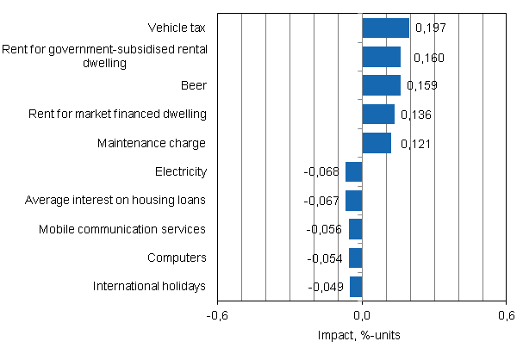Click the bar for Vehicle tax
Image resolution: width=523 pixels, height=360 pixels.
tap(385, 28)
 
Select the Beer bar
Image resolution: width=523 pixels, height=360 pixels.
tap(381, 85)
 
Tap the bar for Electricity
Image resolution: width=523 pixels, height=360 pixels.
tap(353, 171)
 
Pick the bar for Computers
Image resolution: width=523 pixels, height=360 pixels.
tap(355, 258)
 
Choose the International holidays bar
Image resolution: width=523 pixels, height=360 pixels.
tap(356, 287)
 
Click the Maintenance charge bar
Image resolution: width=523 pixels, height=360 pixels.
tap(377, 143)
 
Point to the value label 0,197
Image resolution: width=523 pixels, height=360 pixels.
tap(431, 28)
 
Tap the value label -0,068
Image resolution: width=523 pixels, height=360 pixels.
tap(322, 172)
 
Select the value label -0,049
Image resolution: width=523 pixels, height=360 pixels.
tap(327, 287)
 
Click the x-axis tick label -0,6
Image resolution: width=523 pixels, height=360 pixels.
tap(217, 315)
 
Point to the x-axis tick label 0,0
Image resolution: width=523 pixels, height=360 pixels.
tap(362, 315)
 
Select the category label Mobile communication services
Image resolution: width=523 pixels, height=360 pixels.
tap(122, 229)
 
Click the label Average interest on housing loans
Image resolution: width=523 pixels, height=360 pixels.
tap(115, 201)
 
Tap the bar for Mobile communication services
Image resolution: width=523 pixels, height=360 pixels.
tap(355, 229)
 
